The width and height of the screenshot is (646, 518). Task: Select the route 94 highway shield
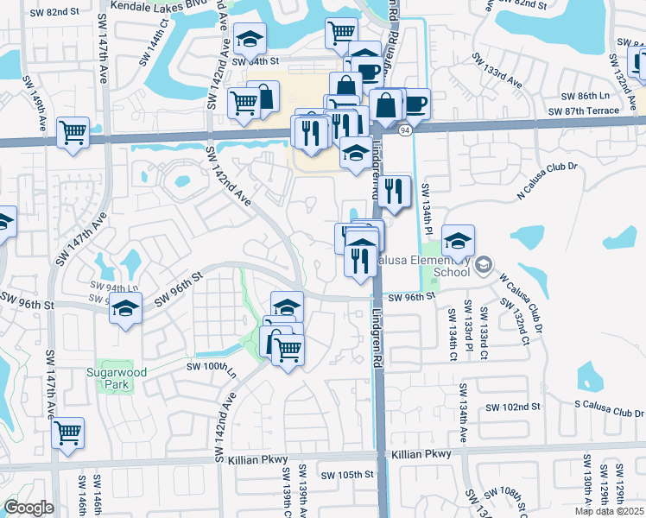point(405,130)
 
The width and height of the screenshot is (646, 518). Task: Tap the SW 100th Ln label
point(212,366)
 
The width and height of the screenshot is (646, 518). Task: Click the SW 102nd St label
point(513,407)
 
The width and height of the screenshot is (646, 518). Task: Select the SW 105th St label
point(346,474)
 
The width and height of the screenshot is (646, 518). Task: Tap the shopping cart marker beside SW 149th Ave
point(73,133)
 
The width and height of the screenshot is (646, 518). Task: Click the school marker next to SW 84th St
point(250,39)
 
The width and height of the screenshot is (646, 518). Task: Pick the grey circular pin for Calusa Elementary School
point(484,263)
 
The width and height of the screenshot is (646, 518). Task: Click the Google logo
point(28,508)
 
